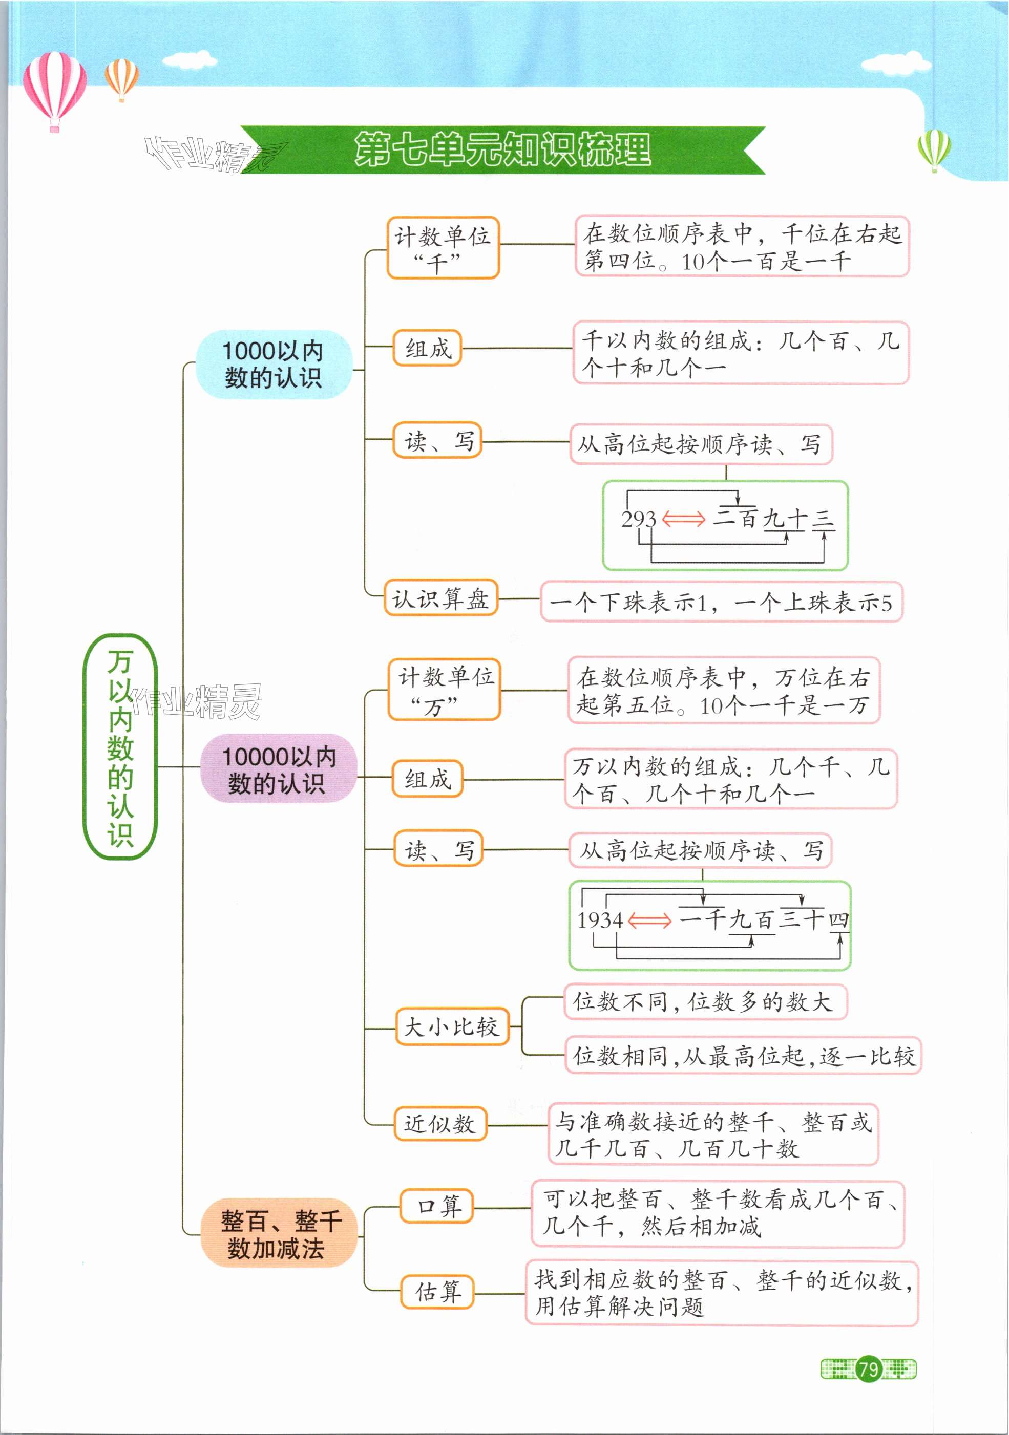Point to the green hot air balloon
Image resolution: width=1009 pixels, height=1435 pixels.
click(x=934, y=149)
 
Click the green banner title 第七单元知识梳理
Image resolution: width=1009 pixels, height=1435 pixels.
click(x=502, y=150)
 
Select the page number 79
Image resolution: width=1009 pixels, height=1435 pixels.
click(x=868, y=1369)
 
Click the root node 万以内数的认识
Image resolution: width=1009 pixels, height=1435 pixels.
click(x=119, y=747)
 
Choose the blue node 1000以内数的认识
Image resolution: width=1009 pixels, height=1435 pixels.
click(x=274, y=365)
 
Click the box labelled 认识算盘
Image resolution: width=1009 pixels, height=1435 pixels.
click(x=440, y=599)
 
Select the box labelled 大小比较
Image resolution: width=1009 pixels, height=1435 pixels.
click(x=451, y=1027)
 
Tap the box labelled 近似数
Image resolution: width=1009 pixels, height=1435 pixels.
click(x=439, y=1124)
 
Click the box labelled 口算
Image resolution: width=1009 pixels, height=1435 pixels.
click(x=436, y=1206)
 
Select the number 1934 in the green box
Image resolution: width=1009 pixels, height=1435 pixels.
click(x=600, y=920)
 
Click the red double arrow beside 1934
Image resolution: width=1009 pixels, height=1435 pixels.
click(x=649, y=920)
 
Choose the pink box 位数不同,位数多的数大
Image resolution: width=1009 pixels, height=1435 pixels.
click(x=705, y=1001)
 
